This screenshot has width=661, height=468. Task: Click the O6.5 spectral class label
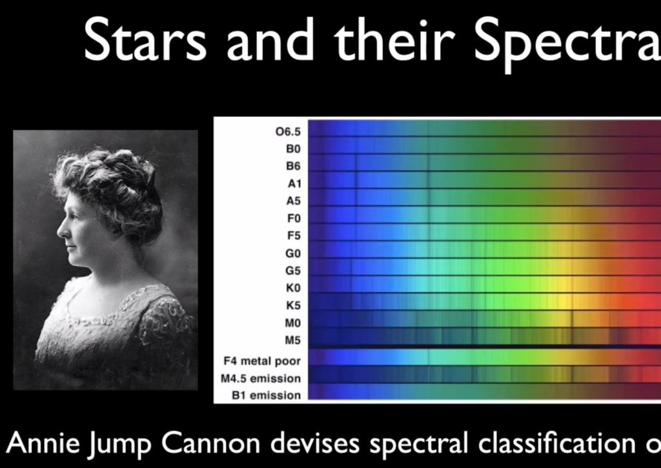tap(288, 132)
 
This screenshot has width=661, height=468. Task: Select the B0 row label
tap(293, 149)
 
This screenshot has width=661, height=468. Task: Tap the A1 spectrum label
tap(294, 184)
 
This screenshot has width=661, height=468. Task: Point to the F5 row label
tap(294, 236)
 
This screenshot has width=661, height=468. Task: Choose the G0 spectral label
tap(293, 254)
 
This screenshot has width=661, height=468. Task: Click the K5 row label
tap(294, 305)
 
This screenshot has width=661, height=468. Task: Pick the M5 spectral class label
tap(293, 340)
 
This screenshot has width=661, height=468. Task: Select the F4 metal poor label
tap(262, 361)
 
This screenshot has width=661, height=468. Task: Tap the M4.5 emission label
tap(261, 379)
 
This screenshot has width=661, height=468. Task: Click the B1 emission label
tap(267, 396)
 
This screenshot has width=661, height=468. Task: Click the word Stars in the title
tap(145, 40)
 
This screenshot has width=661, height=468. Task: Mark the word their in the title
tap(394, 40)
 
